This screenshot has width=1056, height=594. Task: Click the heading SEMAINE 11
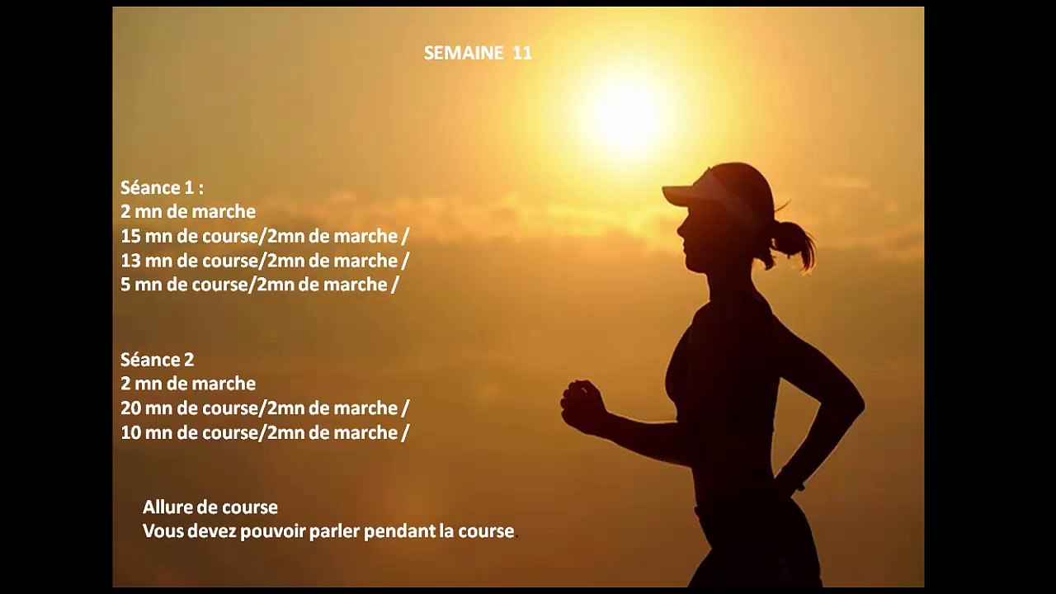pos(478,53)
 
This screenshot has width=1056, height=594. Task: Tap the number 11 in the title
pos(522,53)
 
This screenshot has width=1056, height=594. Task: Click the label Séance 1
pos(162,187)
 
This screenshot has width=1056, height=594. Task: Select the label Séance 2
pos(158,360)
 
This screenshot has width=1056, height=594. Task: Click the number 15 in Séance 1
pos(130,236)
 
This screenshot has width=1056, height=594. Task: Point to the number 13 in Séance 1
pos(130,261)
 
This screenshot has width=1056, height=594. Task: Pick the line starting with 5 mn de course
pos(260,285)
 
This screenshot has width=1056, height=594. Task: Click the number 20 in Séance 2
pos(131,408)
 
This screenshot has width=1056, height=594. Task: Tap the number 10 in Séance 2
pos(130,432)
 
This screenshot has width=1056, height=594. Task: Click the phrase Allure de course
pos(210,507)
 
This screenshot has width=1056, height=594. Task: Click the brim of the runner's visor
pos(681,196)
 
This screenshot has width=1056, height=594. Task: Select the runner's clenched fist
pos(582,406)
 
